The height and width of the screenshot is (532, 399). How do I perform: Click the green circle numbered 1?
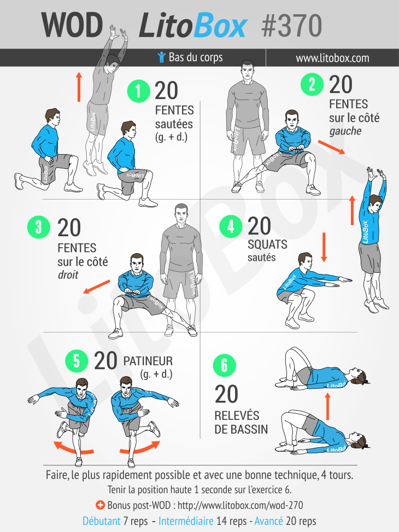coord(138,91)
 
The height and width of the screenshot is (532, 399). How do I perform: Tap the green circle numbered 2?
coord(312,84)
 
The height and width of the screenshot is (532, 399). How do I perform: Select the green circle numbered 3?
coord(39,227)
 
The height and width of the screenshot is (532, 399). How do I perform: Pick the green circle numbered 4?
coord(231,226)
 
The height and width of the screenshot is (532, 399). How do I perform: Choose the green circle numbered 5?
coord(77,361)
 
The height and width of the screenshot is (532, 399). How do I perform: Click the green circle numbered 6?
coord(224,365)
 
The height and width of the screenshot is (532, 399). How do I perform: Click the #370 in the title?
coord(291,26)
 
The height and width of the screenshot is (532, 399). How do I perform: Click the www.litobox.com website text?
coord(332,58)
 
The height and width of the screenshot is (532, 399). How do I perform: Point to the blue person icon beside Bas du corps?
coord(161,57)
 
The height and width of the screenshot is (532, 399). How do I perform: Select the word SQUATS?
coord(267,244)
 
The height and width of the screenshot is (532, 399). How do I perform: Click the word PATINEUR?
coord(148,361)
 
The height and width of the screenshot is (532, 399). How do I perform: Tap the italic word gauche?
coord(345,131)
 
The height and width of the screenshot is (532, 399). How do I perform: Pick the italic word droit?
coord(68,274)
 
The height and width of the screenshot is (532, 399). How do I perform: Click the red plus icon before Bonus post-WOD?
coord(100,505)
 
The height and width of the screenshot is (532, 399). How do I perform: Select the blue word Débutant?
coord(102,521)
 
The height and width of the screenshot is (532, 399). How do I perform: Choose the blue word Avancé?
coord(269,521)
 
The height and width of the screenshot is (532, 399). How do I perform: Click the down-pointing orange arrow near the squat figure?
coord(324,247)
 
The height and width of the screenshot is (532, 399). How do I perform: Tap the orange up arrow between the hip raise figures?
coord(327,406)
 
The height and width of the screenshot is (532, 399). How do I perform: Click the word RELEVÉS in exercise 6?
coord(237,416)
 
